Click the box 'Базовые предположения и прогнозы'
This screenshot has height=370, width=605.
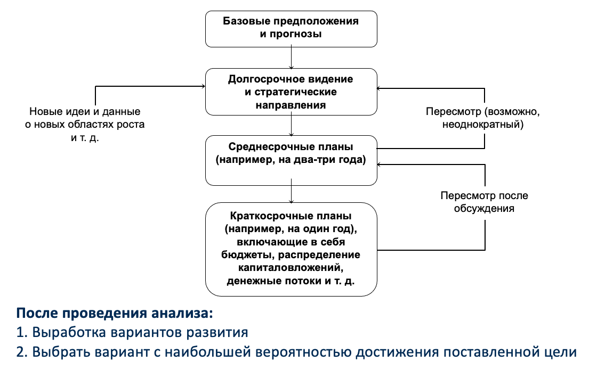coord(291,29)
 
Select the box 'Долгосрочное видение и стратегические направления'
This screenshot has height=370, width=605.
coord(291,92)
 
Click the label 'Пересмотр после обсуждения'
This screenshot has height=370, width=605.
coord(484,202)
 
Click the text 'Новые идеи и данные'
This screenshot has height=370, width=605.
coord(85,112)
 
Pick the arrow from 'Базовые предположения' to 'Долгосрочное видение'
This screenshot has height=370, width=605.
coord(291,57)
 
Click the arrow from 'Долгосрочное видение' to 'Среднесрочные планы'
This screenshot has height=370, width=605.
coord(291,126)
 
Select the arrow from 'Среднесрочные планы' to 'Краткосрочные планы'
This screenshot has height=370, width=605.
coord(291,193)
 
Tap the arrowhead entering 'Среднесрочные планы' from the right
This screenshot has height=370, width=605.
coord(380,165)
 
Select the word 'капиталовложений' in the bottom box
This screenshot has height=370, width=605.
coord(291,266)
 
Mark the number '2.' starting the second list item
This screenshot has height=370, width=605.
coord(23,353)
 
